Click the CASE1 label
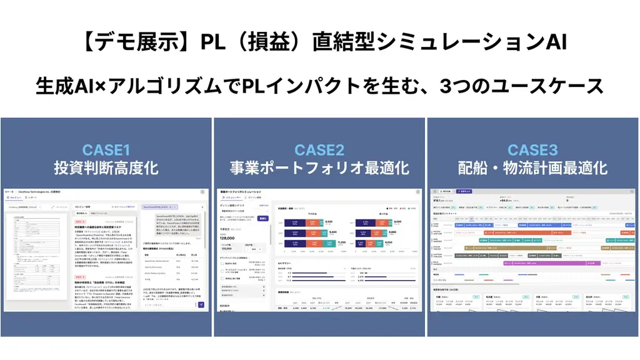[106, 150]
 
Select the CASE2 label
[319, 150]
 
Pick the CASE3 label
[532, 150]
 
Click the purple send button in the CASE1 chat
[201, 305]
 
